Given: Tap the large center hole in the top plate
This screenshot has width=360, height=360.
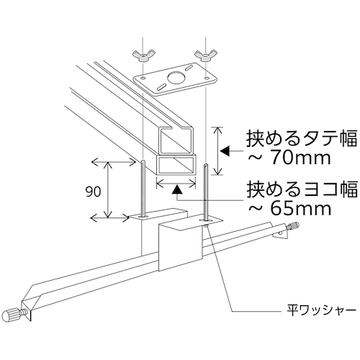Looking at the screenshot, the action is pos(176,78).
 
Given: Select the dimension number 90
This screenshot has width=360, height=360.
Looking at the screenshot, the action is pos(93,192).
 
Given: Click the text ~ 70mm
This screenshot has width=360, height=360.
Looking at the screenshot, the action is pos(289,158).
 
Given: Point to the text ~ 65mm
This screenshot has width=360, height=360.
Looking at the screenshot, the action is pos(289,209).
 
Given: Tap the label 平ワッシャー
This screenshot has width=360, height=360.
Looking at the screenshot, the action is pos(321,311).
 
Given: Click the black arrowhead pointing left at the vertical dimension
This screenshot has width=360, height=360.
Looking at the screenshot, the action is pos(225,151).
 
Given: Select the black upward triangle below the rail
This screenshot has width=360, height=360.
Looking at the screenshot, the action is pos(176,189).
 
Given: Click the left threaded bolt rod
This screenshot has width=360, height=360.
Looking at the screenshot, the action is pos(143,188).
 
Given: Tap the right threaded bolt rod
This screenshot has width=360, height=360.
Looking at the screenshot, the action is pos(205,192).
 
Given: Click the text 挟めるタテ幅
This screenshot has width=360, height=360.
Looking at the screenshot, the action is pos(302,139).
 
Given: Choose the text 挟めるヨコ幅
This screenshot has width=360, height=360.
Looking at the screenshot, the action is pos(302,189).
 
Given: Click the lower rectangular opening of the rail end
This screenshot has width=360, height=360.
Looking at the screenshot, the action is pos(176,166).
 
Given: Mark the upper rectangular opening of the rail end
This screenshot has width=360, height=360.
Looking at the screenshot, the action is pos(176,141).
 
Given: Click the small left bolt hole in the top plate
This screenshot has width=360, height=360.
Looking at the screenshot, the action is pos(143,78).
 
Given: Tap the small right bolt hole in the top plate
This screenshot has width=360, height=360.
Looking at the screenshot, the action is pos(206,78).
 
